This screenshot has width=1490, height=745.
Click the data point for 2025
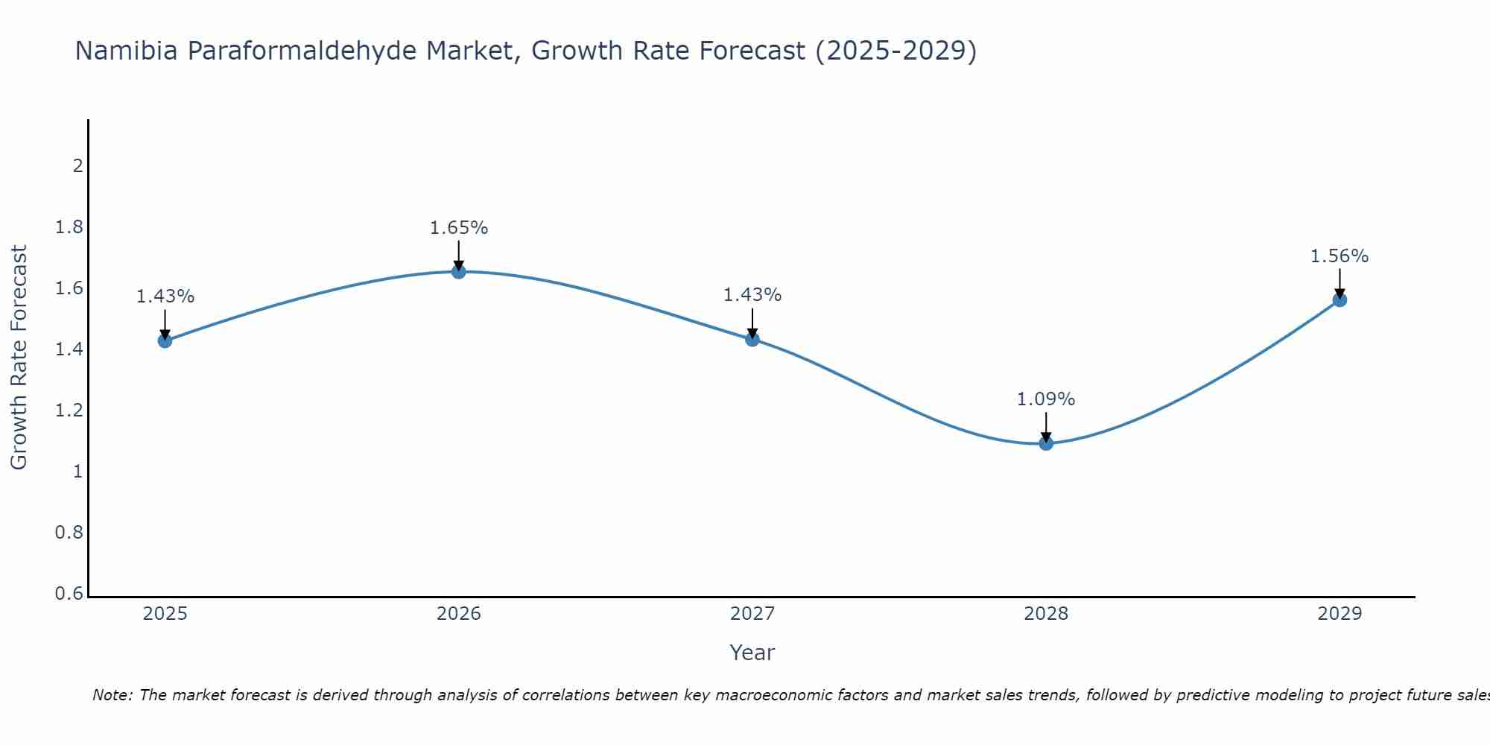[x=165, y=340]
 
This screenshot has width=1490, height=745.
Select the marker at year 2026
[x=459, y=272]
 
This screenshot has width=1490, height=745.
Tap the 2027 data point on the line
[x=752, y=339]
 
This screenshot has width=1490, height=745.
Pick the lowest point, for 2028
[x=1046, y=443]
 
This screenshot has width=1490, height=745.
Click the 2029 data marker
[x=1340, y=299]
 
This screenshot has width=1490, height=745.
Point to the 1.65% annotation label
[x=459, y=228]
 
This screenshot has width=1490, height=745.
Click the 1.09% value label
[x=1046, y=399]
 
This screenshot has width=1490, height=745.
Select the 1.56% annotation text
[x=1340, y=256]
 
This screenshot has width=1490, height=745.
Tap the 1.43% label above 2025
[x=165, y=297]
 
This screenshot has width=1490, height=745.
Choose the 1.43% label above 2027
[x=752, y=295]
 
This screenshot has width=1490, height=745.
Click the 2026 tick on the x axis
[x=459, y=614]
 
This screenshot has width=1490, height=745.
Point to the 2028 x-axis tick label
[x=1046, y=614]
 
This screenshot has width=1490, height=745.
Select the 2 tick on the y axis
[x=77, y=165]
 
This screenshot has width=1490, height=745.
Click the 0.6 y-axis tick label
[x=69, y=594]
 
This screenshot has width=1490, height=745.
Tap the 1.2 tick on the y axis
[x=69, y=410]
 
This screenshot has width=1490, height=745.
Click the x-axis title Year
[x=752, y=653]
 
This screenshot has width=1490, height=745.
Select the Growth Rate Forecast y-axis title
[x=19, y=358]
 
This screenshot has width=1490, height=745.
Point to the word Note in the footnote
[x=112, y=695]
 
